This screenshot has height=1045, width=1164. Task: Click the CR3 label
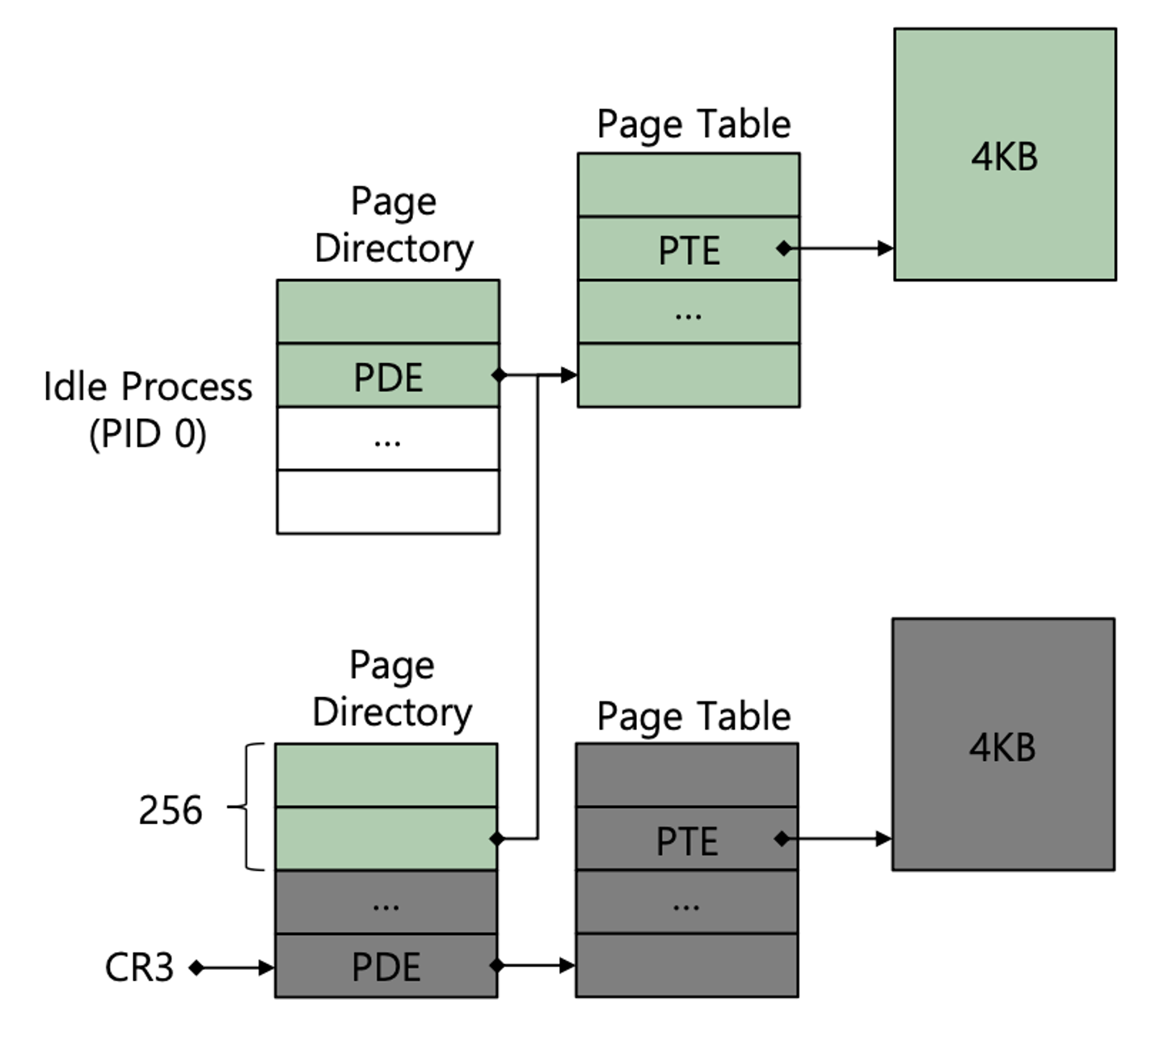[x=139, y=967]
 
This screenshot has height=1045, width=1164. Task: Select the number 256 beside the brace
[x=170, y=810]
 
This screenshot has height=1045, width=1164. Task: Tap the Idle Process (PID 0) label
[x=147, y=409]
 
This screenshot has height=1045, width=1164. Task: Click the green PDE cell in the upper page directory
[x=388, y=376]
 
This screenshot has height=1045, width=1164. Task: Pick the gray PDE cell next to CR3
[x=386, y=966]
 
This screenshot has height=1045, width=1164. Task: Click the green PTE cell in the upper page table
[x=689, y=249]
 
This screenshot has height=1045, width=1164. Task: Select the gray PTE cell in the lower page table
[x=686, y=840]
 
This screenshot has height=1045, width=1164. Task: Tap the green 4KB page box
[x=1005, y=154]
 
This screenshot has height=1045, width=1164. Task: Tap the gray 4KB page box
[x=1002, y=745]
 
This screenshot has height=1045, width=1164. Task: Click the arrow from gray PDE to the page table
[x=535, y=966]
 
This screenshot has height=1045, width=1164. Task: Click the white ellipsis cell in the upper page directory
[x=388, y=438]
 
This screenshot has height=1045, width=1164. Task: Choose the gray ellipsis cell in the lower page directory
[x=386, y=903]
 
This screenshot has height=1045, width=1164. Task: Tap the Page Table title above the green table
[x=694, y=124]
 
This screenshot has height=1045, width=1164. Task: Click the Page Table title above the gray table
[x=694, y=717]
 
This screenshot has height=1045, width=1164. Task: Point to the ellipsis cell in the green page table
[x=689, y=312]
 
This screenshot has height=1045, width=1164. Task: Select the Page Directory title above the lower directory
[x=392, y=689]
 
